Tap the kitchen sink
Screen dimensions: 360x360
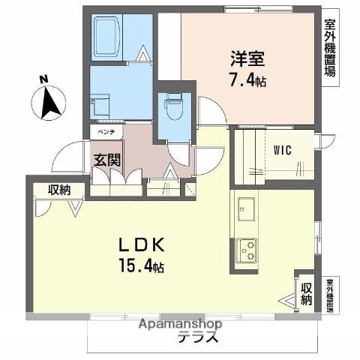click(246, 208)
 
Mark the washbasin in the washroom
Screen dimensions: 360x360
click(101, 105)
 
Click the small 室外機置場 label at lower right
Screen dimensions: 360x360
click(330, 296)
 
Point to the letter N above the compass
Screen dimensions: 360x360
click(43, 79)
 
